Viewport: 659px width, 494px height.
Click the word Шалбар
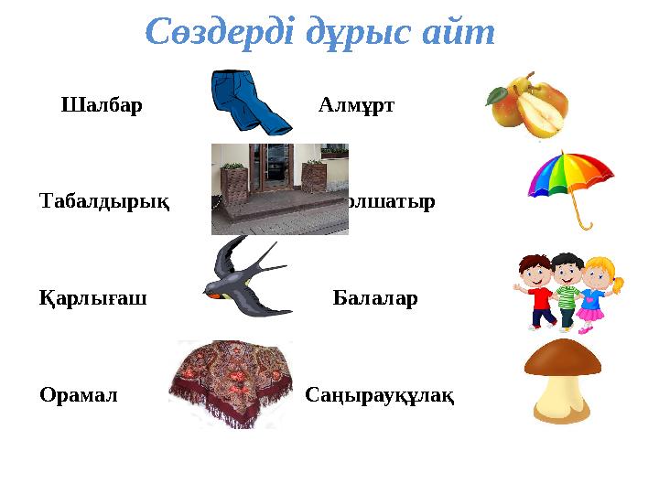[102, 104]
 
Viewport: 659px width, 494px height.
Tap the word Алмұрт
[357, 104]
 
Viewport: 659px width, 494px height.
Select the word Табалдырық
[105, 200]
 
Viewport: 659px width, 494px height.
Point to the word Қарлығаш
[94, 297]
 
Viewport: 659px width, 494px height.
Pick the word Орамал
[80, 395]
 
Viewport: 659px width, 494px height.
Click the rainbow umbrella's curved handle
[583, 220]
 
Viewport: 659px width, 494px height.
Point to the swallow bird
[243, 279]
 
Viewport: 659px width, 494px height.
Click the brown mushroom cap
[561, 360]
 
